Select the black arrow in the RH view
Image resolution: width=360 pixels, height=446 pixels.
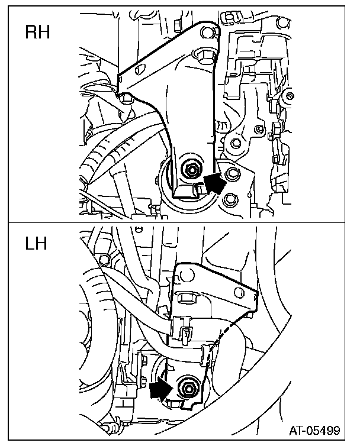(214, 183)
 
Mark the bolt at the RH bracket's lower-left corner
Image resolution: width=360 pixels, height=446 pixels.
(124, 98)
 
